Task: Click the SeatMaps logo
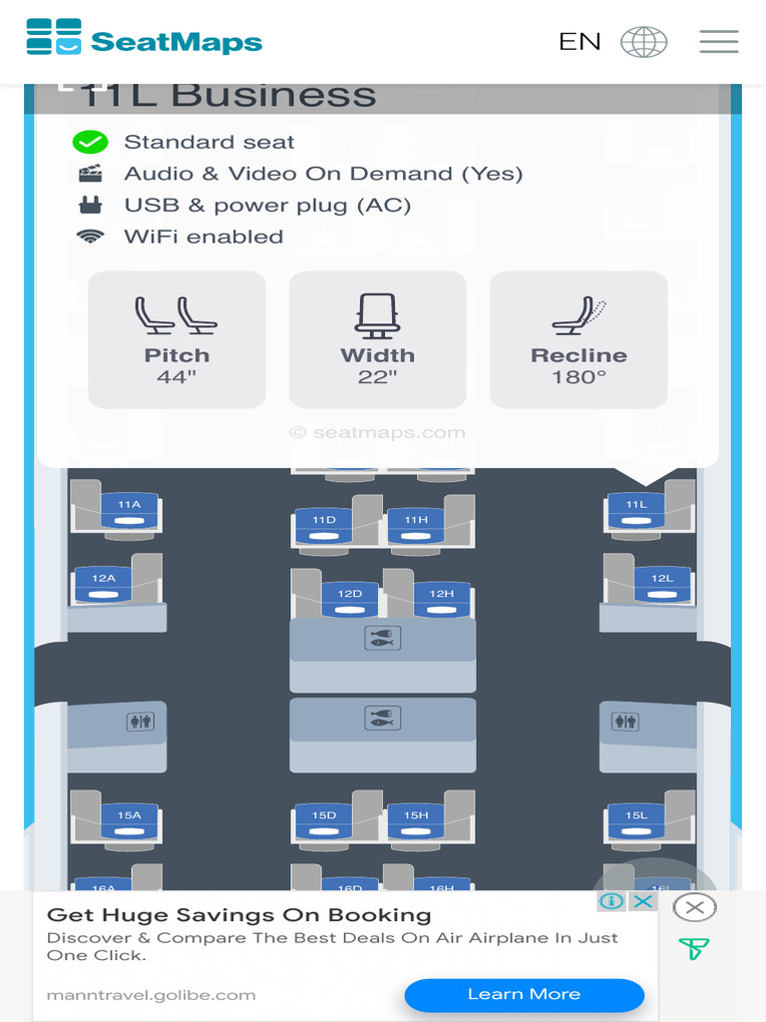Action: [144, 40]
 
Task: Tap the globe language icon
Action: [643, 42]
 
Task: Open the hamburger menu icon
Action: [718, 42]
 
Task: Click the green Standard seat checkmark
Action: [91, 142]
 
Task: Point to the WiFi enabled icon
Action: [91, 237]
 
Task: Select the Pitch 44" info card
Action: [177, 339]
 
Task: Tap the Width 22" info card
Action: [377, 339]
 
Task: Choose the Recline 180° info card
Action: [578, 339]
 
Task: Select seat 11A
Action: [129, 509]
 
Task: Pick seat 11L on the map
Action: [636, 509]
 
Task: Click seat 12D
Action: [349, 598]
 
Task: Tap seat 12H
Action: [442, 598]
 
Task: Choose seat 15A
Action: [129, 819]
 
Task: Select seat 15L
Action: [636, 819]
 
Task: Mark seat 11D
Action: [324, 524]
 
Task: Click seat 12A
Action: [104, 583]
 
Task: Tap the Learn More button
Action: [524, 994]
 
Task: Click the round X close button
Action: [694, 907]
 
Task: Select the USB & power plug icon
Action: [91, 205]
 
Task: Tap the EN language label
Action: [579, 42]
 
